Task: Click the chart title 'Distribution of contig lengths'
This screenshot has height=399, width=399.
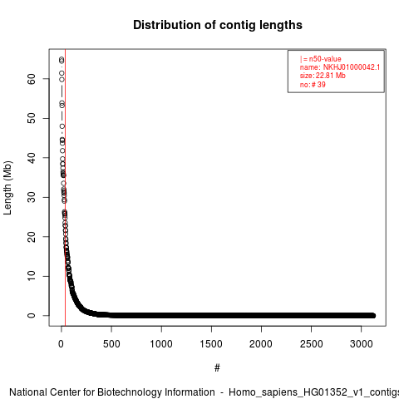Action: point(218,25)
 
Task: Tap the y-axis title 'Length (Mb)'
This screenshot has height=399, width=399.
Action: point(7,188)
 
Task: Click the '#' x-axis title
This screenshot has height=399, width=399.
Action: point(217,368)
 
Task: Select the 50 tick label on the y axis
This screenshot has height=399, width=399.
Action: point(32,118)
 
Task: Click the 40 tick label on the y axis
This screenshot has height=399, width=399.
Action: point(32,158)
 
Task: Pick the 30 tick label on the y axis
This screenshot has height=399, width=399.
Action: point(32,197)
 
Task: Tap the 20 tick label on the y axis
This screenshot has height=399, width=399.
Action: point(32,236)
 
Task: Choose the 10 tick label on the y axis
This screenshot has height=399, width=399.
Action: point(32,276)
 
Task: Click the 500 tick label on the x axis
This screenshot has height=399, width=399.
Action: point(111,344)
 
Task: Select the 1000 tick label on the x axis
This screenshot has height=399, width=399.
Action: point(161,344)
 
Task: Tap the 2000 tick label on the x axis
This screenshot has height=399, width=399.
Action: point(261,344)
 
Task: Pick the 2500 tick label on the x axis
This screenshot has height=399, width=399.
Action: point(311,344)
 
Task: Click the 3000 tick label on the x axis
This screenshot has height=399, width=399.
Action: point(361,344)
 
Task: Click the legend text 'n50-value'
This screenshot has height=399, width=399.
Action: point(325,59)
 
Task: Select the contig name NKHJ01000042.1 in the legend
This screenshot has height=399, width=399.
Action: point(352,67)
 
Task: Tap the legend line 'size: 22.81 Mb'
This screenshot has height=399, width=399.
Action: point(323,76)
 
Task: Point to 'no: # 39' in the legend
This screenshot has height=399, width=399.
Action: point(313,84)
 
